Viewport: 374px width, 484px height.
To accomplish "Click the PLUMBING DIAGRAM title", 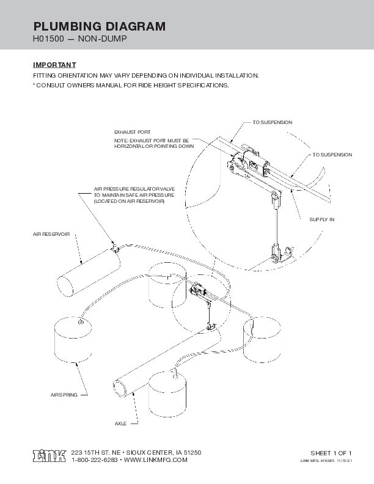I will click(98, 26).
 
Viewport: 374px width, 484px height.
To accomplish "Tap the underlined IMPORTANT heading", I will click(54, 65).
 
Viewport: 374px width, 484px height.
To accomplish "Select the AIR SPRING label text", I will click(64, 396).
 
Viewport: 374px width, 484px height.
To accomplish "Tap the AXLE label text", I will click(120, 423).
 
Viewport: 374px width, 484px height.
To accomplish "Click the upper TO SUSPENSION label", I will click(272, 123).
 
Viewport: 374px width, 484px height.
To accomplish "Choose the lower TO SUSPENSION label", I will click(332, 155).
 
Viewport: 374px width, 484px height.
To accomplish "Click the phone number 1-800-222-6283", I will click(95, 460).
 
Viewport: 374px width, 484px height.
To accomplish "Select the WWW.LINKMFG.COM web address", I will click(156, 460).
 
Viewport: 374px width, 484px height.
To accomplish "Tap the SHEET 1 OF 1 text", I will click(332, 452).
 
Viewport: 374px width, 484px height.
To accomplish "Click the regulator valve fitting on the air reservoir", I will click(114, 246).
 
